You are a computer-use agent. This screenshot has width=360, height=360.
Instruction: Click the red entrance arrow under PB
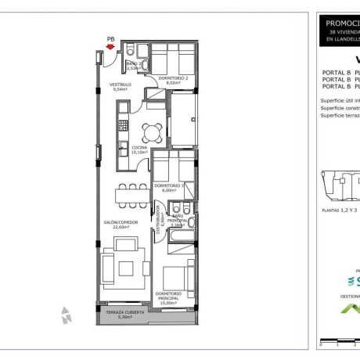click(112, 47)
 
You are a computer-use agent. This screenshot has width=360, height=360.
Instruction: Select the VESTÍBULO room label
click(120, 85)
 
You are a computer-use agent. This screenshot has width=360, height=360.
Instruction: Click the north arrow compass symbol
click(67, 315)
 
